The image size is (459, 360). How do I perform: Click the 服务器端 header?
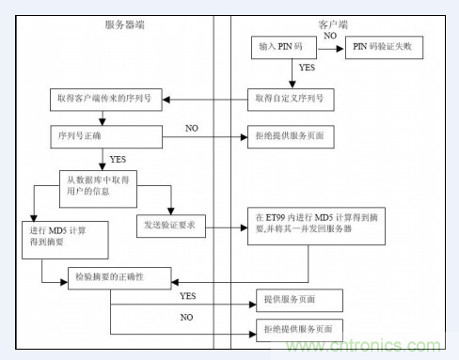[x=126, y=23]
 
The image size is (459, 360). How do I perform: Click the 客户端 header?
[x=333, y=23]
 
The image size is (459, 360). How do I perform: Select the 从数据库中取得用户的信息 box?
[x=104, y=180]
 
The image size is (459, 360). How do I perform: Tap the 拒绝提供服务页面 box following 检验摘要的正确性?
[x=300, y=331]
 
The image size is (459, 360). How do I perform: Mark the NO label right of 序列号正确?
[x=192, y=127]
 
